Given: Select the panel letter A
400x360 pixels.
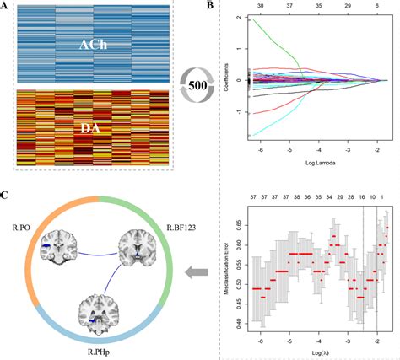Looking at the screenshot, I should coord(6,8).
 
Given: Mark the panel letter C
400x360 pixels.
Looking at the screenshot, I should coord(6,195).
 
